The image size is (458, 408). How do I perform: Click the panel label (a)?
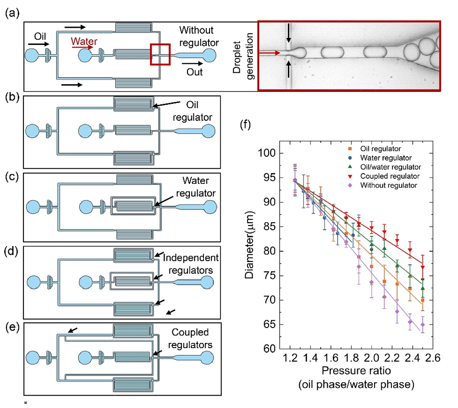coord(12,13)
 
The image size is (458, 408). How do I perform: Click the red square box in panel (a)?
coord(159,54)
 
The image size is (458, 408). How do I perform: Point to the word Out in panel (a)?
coord(195,72)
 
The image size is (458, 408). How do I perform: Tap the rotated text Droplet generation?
coord(241,57)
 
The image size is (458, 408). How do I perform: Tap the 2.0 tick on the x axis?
coord(371,358)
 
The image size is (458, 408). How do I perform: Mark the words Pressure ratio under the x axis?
coord(351,370)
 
